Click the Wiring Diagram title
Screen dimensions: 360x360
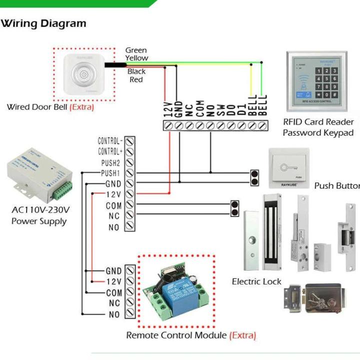pyautogui.click(x=43, y=23)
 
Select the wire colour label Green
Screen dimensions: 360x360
pyautogui.click(x=136, y=50)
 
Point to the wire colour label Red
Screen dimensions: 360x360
pyautogui.click(x=136, y=79)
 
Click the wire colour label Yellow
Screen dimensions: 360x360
pyautogui.click(x=136, y=57)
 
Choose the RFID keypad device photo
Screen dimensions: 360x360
pyautogui.click(x=316, y=81)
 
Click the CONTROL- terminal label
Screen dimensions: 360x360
pyautogui.click(x=110, y=141)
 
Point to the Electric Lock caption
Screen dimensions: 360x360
pyautogui.click(x=256, y=281)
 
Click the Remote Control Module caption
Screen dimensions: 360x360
pyautogui.click(x=191, y=335)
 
